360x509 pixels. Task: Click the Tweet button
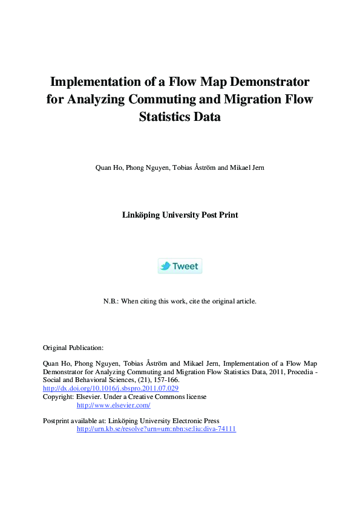pyautogui.click(x=180, y=266)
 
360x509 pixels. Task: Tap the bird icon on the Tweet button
pyautogui.click(x=165, y=266)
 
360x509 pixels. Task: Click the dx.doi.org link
pyautogui.click(x=111, y=389)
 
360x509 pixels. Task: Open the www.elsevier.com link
pyautogui.click(x=113, y=405)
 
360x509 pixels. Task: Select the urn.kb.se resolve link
pyautogui.click(x=155, y=429)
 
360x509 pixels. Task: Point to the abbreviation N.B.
pyautogui.click(x=111, y=300)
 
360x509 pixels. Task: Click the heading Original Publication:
pyautogui.click(x=73, y=348)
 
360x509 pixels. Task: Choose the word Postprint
pyautogui.click(x=58, y=421)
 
